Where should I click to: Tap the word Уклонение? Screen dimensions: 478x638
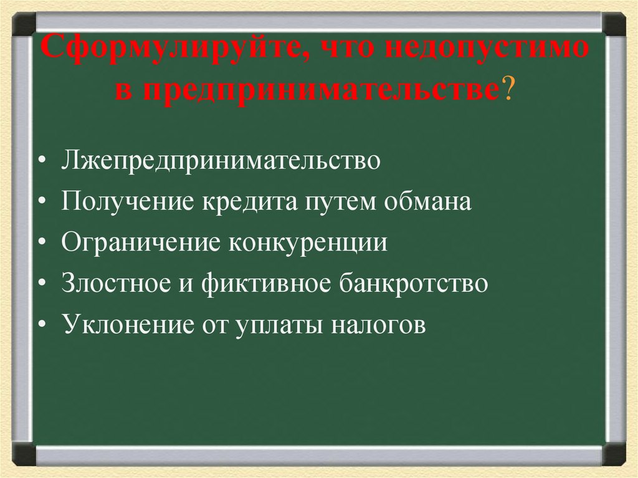click(128, 325)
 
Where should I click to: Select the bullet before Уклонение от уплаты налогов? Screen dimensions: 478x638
click(41, 326)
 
